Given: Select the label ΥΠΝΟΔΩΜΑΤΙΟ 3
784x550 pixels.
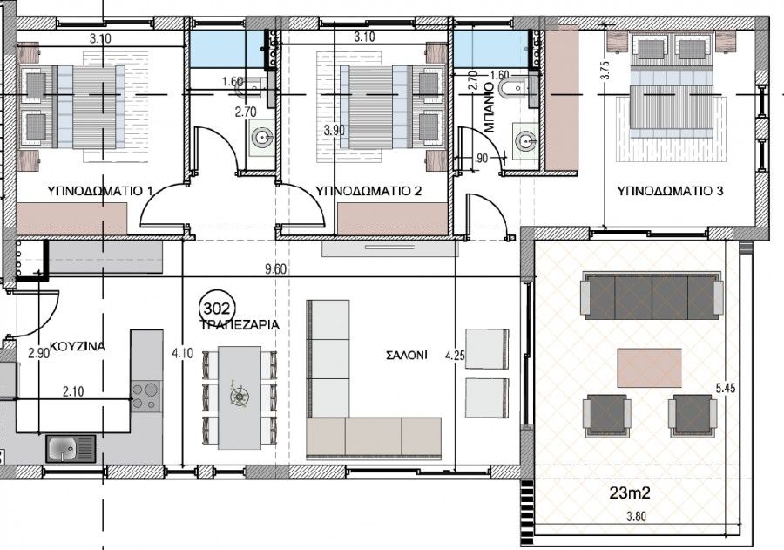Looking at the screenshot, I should click(x=670, y=190).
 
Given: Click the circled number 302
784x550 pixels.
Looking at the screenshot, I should click(x=215, y=308).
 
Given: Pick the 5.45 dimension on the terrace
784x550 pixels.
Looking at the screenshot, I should click(x=726, y=390).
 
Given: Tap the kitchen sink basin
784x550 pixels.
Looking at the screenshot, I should click(x=63, y=448).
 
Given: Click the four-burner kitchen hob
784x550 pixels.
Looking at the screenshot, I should click(x=146, y=397).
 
